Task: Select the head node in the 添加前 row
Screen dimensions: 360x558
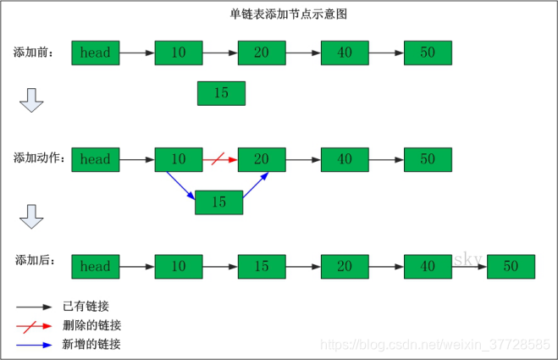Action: pyautogui.click(x=95, y=53)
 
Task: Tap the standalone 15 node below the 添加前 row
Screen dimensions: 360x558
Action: pyautogui.click(x=221, y=93)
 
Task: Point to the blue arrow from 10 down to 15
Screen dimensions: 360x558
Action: pyautogui.click(x=180, y=186)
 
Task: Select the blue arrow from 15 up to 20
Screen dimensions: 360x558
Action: pyautogui.click(x=257, y=186)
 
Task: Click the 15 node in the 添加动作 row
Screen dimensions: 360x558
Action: pyautogui.click(x=218, y=202)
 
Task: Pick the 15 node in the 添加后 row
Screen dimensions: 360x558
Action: pyautogui.click(x=262, y=266)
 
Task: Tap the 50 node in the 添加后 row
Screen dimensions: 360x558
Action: pyautogui.click(x=511, y=266)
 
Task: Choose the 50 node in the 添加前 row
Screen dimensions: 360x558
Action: pyautogui.click(x=428, y=53)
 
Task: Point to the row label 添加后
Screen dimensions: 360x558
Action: pyautogui.click(x=35, y=260)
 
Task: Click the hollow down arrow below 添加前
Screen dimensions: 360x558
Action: pyautogui.click(x=31, y=102)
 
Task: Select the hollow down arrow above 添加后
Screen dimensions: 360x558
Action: pyautogui.click(x=31, y=218)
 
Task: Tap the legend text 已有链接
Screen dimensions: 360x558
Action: pyautogui.click(x=86, y=306)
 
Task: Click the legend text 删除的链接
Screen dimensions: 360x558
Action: pyautogui.click(x=91, y=325)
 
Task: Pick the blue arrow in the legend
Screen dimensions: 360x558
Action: pyautogui.click(x=34, y=345)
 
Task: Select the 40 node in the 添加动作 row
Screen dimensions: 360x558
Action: pyautogui.click(x=345, y=158)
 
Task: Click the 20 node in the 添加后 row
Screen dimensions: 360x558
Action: pyautogui.click(x=345, y=266)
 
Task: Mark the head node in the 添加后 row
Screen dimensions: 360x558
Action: pyautogui.click(x=95, y=266)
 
